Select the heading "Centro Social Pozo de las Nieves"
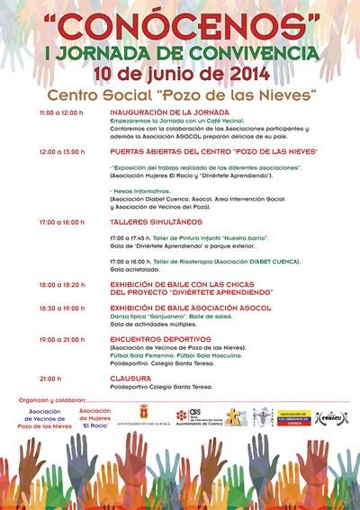click(182, 94)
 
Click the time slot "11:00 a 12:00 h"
click(61, 112)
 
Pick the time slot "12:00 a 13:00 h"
click(61, 152)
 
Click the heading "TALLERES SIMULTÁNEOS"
click(143, 221)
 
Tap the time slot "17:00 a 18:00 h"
click(61, 221)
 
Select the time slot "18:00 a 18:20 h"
click(61, 284)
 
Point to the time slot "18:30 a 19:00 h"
click(61, 308)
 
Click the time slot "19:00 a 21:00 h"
click(61, 339)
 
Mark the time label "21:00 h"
click(50, 379)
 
